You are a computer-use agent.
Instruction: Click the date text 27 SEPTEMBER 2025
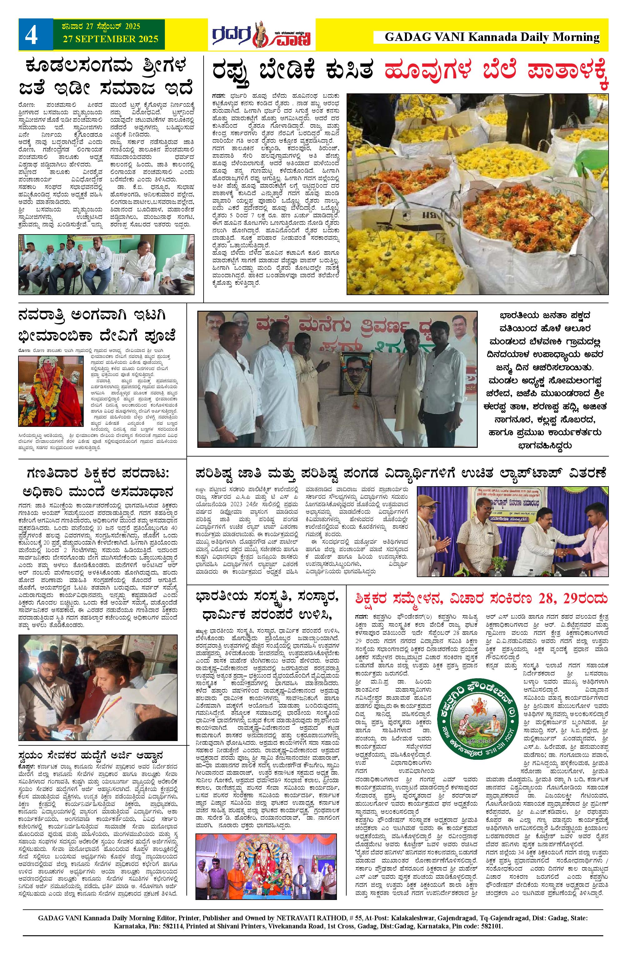coord(111,39)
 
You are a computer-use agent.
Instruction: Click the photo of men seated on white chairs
coord(106,265)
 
